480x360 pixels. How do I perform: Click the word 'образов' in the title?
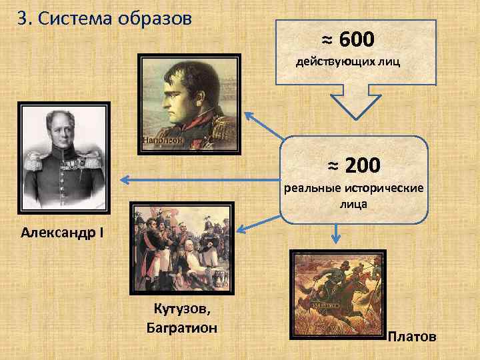coord(163,18)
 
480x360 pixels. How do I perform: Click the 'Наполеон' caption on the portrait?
coord(162,140)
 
